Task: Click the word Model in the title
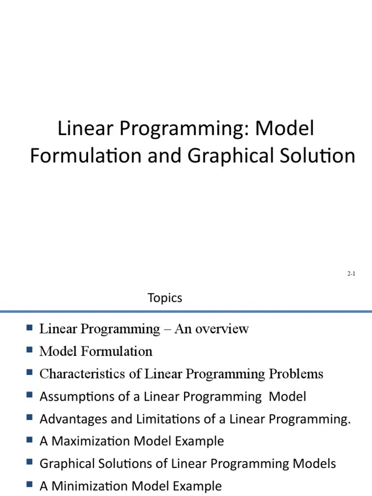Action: pyautogui.click(x=285, y=129)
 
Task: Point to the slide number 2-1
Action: pyautogui.click(x=351, y=274)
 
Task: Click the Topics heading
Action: pyautogui.click(x=165, y=298)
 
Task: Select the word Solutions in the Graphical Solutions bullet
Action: pyautogui.click(x=120, y=464)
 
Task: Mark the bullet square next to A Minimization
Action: pyautogui.click(x=30, y=484)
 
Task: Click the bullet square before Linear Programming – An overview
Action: pyautogui.click(x=30, y=328)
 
